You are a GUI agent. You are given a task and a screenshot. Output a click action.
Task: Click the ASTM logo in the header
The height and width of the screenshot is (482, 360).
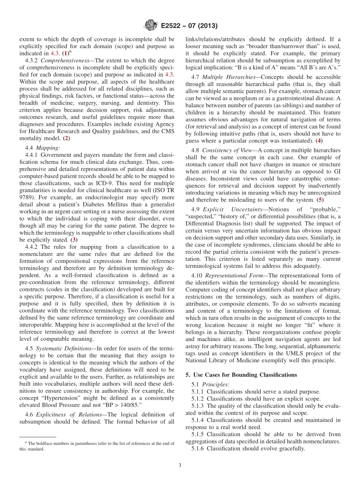[x=151, y=26]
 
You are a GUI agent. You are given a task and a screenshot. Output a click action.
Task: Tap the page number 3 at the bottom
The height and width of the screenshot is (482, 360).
[x=180, y=466]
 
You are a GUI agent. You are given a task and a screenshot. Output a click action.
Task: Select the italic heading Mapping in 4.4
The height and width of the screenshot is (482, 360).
[x=48, y=147]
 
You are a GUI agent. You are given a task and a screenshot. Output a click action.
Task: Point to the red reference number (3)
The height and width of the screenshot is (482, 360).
[x=74, y=239]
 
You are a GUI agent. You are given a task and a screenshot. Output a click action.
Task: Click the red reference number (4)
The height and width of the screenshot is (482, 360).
[x=320, y=141]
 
